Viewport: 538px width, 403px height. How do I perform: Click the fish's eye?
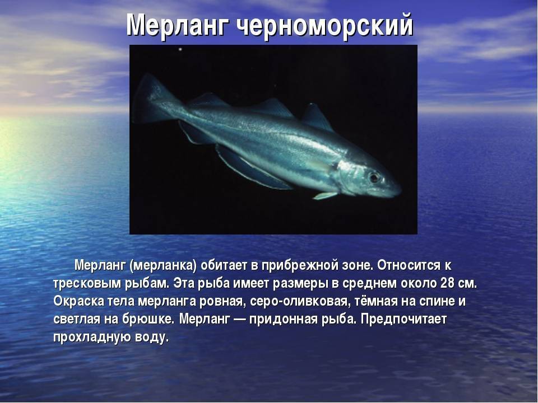click(374, 177)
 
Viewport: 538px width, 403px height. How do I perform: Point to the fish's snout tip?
click(400, 189)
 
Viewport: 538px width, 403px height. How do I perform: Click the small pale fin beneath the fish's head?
click(325, 196)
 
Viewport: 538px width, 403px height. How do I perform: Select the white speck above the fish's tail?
click(180, 50)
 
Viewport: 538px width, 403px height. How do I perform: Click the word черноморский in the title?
click(325, 25)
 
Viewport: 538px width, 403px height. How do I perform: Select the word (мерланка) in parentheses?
click(163, 265)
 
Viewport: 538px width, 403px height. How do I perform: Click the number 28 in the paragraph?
click(445, 283)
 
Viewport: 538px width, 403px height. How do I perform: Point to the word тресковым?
click(87, 284)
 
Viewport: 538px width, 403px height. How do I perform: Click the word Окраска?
click(78, 302)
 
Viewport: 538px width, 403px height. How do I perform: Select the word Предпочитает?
click(404, 320)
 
